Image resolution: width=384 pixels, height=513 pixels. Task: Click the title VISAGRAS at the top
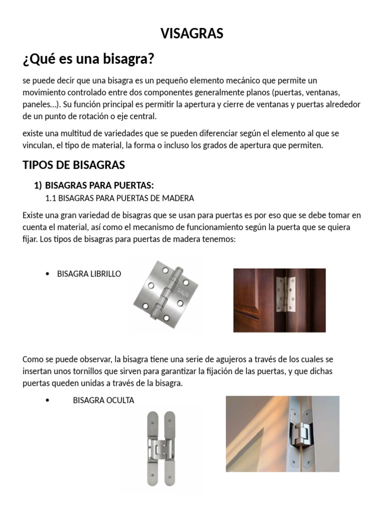(191, 34)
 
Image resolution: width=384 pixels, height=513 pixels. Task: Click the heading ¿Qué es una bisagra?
(88, 60)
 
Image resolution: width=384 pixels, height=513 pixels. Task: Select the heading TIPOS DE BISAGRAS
(73, 165)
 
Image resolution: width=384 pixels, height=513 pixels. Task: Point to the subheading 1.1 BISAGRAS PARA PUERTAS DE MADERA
(119, 198)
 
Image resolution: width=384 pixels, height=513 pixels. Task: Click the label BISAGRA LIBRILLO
(89, 274)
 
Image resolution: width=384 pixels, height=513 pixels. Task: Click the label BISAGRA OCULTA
(103, 400)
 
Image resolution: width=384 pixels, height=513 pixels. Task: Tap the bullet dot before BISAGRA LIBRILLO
(47, 274)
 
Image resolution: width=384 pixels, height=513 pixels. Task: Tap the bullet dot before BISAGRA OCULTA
(47, 400)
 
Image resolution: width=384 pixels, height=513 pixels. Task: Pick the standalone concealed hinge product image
(161, 448)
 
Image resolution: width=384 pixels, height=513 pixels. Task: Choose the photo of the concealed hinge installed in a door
(282, 434)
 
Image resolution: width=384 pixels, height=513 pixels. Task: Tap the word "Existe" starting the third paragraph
(33, 215)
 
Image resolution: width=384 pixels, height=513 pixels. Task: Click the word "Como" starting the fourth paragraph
(32, 360)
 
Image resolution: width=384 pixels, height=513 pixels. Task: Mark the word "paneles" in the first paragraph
(38, 105)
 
